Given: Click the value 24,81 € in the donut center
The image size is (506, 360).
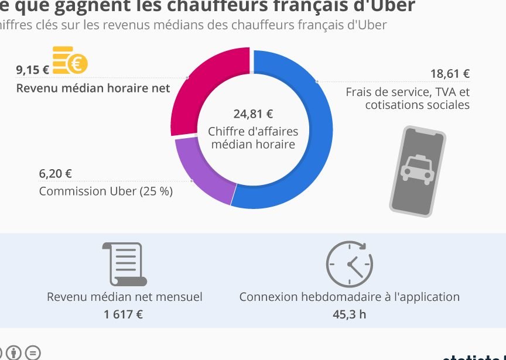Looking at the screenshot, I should [253, 114].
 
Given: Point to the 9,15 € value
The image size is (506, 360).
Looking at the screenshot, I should [32, 70].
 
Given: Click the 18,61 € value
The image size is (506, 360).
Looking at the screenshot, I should [450, 74].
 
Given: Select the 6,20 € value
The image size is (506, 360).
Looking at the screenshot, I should [56, 173].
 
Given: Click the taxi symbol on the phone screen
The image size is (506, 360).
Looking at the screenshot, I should [416, 168].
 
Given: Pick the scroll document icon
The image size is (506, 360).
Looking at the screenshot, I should [125, 263].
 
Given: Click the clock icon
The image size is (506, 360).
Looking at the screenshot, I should [349, 263].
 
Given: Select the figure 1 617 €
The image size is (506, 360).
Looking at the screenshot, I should [124, 314].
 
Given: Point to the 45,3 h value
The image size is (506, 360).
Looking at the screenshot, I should [349, 314].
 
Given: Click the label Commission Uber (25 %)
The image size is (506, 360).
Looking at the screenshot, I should [106, 191].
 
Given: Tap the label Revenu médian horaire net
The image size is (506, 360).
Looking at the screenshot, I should [93, 88].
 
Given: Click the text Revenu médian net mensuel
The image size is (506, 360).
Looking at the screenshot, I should [125, 297].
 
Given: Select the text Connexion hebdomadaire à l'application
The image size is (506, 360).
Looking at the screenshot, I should [349, 297].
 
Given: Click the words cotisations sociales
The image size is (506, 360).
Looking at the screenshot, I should [417, 105].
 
